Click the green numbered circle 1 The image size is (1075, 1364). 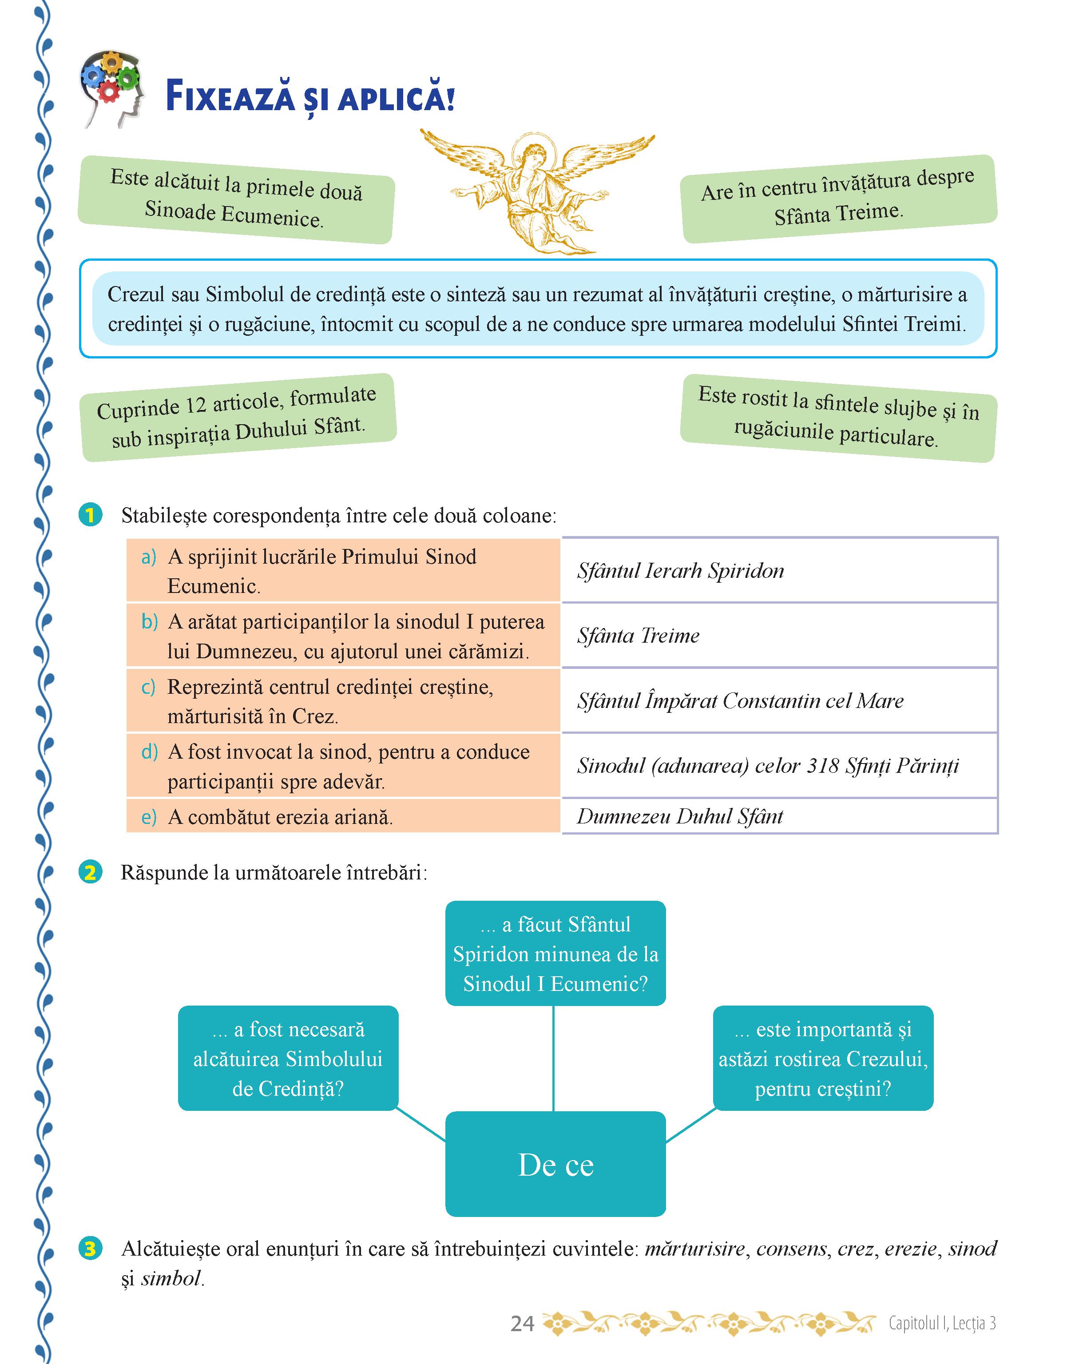91,515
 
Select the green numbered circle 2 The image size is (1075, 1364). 91,872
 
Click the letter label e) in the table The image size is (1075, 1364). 149,817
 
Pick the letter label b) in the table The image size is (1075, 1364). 149,622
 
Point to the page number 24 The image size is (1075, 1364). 522,1324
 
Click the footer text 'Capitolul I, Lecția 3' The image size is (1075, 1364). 942,1323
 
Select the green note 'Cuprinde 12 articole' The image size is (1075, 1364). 238,418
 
